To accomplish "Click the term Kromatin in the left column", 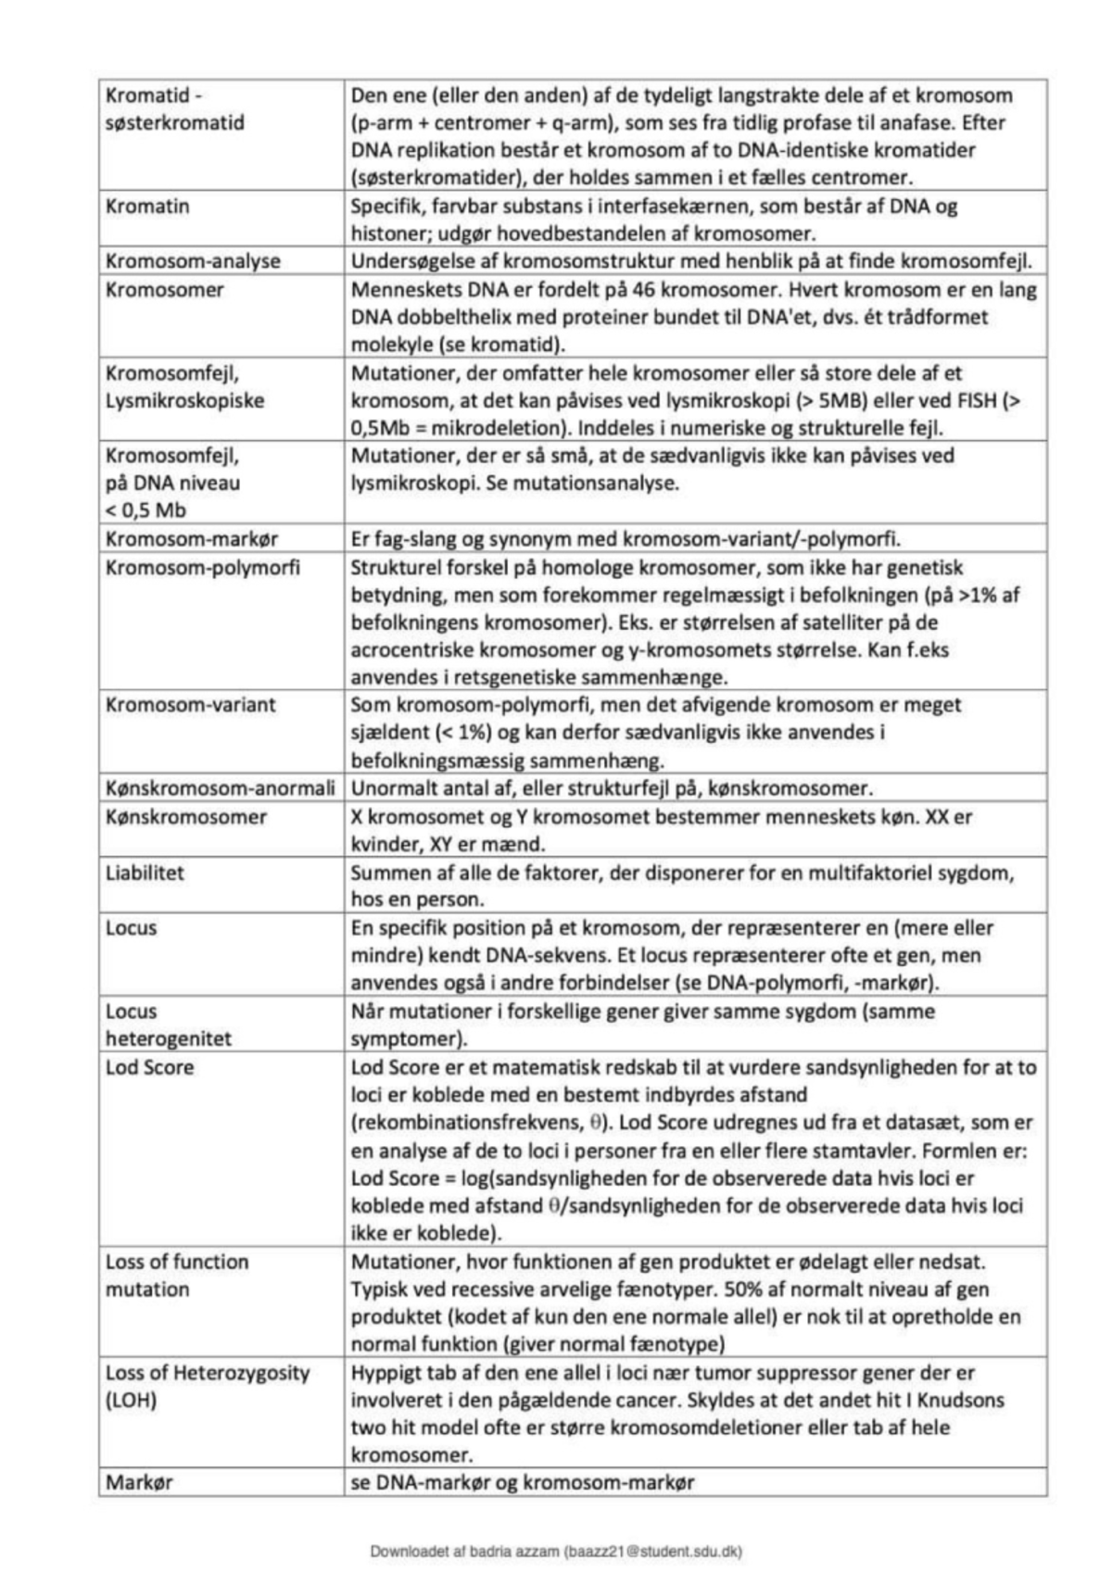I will point(147,207).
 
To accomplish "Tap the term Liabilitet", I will point(145,873).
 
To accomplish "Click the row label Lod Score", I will point(149,1067).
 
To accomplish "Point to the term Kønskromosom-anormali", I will point(220,789).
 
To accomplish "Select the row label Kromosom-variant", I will point(190,705).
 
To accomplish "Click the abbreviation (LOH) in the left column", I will point(131,1400).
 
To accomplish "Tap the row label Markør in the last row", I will point(139,1482).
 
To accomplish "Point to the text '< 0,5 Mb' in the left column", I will point(145,510).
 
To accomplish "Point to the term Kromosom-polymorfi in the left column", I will point(202,567).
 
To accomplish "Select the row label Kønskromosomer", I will point(185,817).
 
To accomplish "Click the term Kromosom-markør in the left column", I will point(191,539).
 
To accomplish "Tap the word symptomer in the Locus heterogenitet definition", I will point(404,1038).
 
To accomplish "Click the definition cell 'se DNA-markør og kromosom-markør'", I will point(522,1482).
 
